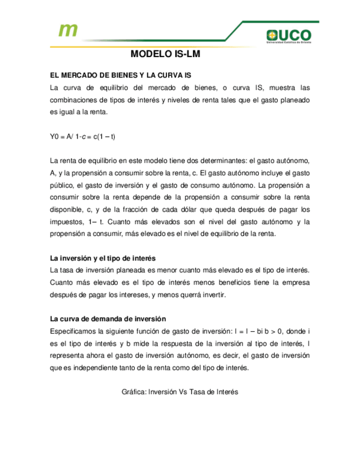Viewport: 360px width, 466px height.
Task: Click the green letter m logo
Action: tap(68, 30)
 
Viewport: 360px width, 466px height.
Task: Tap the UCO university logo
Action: tap(288, 36)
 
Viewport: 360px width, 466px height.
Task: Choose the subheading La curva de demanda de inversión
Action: tap(108, 319)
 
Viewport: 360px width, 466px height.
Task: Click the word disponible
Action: tap(67, 209)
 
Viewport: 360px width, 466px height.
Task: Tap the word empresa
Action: tap(296, 282)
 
